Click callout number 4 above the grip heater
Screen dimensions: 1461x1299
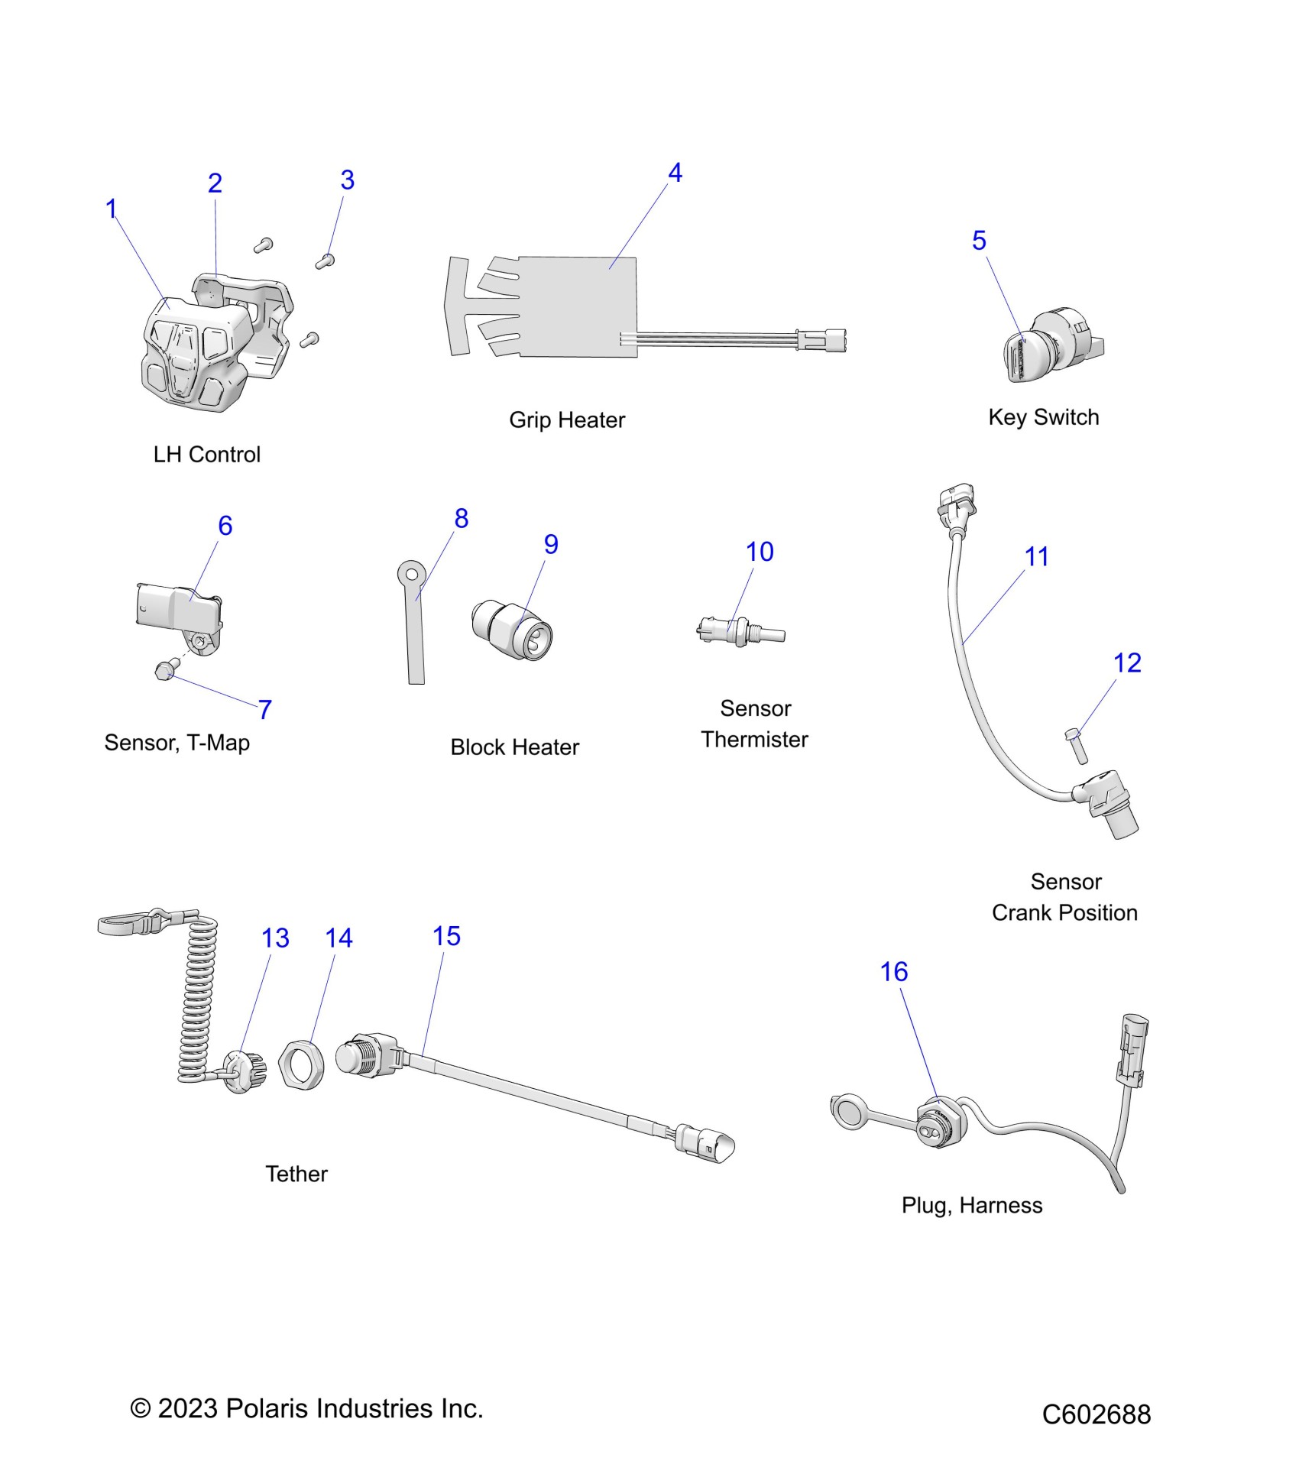coord(675,173)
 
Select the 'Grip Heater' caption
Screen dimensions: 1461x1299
coord(567,420)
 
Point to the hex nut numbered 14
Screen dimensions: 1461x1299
coord(301,1064)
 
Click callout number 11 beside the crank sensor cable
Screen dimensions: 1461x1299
coord(1036,557)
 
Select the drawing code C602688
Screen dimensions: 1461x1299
coord(1096,1414)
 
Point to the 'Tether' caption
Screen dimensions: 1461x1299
coord(296,1174)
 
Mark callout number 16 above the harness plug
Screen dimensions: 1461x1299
coord(893,972)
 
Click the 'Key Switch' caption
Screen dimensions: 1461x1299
coord(1043,417)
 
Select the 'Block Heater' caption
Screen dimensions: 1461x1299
coord(514,747)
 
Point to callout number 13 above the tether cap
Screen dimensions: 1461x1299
coord(275,938)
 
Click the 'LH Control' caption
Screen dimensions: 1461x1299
coord(207,455)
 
